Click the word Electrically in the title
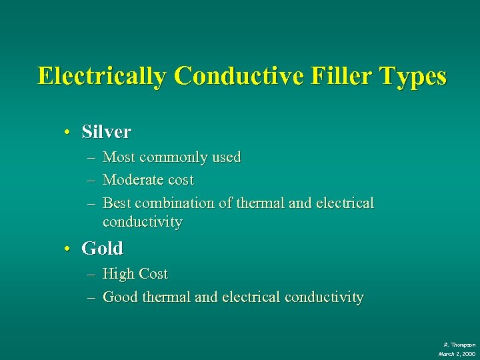[102, 76]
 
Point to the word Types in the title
[413, 76]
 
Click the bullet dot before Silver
[67, 132]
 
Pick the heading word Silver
[106, 132]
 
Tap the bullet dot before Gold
[67, 249]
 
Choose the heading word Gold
[102, 249]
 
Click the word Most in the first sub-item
[119, 157]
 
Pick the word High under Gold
[117, 274]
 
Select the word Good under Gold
[119, 297]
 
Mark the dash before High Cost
[91, 275]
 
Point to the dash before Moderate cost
[91, 181]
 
